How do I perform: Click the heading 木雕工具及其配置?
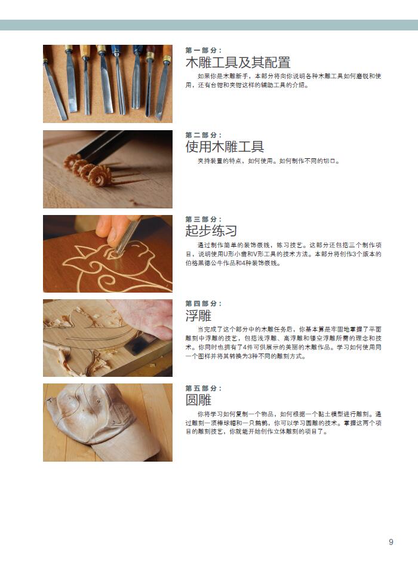[238, 62]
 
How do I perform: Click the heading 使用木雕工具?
[225, 146]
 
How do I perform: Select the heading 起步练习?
[211, 231]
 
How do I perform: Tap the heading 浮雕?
[198, 315]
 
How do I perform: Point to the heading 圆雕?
[198, 400]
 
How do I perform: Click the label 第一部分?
[204, 50]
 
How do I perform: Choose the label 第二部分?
[204, 135]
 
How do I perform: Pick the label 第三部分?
[204, 219]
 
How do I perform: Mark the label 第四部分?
[204, 303]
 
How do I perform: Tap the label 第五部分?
[204, 388]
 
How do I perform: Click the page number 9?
[391, 542]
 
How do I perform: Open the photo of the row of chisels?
[107, 84]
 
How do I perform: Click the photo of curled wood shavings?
[107, 169]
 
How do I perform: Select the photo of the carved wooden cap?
[107, 422]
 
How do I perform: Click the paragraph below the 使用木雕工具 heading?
[268, 161]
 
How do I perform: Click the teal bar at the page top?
[209, 25]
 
